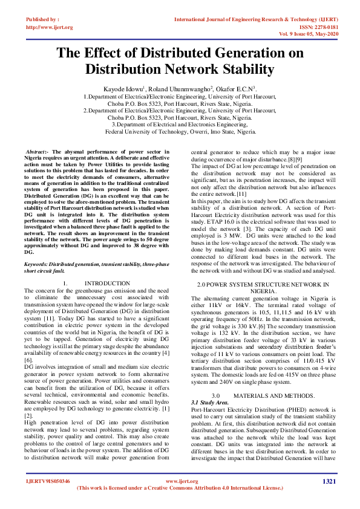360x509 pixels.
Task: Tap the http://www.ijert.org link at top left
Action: (49, 27)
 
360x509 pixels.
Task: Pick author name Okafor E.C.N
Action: (223, 88)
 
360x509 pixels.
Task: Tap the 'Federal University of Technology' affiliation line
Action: (180, 131)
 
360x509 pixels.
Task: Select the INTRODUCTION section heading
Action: (107, 284)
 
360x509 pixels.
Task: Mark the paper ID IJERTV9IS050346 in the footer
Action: (47, 481)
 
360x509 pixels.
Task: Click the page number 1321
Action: (329, 481)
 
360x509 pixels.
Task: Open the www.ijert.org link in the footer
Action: (180, 481)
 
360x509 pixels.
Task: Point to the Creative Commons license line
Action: (180, 488)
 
